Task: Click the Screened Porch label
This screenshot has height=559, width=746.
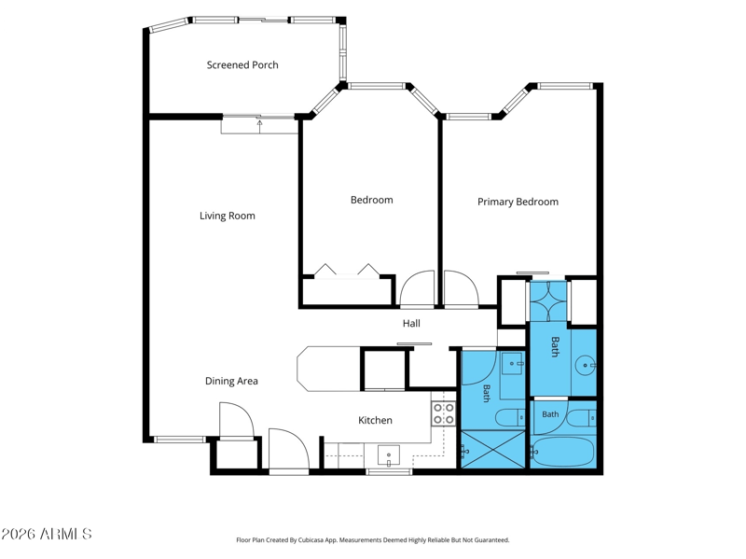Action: click(x=242, y=64)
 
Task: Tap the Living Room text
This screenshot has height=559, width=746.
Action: click(x=227, y=216)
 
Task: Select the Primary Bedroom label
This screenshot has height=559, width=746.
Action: click(x=518, y=202)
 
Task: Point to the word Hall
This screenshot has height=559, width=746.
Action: click(x=411, y=323)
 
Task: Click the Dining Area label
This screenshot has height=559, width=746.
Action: click(x=231, y=381)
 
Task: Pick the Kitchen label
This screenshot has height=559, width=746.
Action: click(x=375, y=420)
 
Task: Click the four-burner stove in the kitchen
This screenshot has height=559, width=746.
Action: click(x=444, y=413)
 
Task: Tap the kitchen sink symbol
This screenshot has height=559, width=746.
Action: click(x=389, y=455)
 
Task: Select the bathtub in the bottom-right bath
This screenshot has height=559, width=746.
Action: click(x=563, y=453)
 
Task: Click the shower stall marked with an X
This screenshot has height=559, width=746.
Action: click(x=492, y=450)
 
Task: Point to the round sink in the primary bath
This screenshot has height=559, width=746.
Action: click(x=585, y=366)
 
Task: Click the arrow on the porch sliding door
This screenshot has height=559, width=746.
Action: click(x=260, y=126)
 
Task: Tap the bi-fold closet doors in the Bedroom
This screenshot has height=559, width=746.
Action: click(x=347, y=270)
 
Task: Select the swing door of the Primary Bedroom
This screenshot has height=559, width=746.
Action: click(x=461, y=287)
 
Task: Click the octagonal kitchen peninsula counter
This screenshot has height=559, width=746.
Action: click(x=329, y=369)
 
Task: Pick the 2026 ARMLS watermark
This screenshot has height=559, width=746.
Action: click(x=46, y=534)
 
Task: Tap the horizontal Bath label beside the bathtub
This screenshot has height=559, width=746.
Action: click(x=550, y=414)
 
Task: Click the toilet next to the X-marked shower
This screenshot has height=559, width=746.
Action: click(x=510, y=418)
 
